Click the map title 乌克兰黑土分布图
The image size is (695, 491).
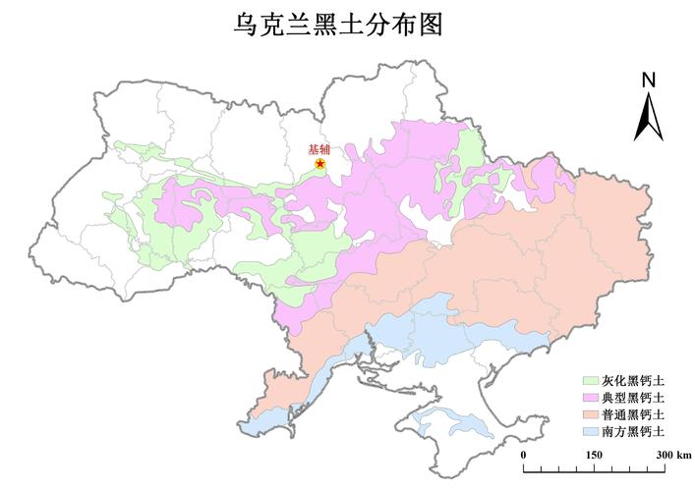pyautogui.click(x=337, y=25)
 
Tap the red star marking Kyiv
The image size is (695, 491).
pyautogui.click(x=320, y=164)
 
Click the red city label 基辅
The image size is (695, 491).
pyautogui.click(x=319, y=149)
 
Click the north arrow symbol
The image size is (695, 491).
pyautogui.click(x=648, y=116)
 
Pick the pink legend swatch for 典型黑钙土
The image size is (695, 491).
pyautogui.click(x=590, y=398)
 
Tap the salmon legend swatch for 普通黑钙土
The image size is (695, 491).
pyautogui.click(x=590, y=414)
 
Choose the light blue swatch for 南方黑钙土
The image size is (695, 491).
pyautogui.click(x=590, y=431)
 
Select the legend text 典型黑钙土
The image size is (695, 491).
pyautogui.click(x=633, y=398)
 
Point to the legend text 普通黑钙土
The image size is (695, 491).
pyautogui.click(x=633, y=414)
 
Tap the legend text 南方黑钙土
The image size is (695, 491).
pyautogui.click(x=633, y=431)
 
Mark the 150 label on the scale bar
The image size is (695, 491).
pyautogui.click(x=594, y=455)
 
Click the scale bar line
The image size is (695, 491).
pyautogui.click(x=595, y=469)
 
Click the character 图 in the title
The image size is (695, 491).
pyautogui.click(x=430, y=25)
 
